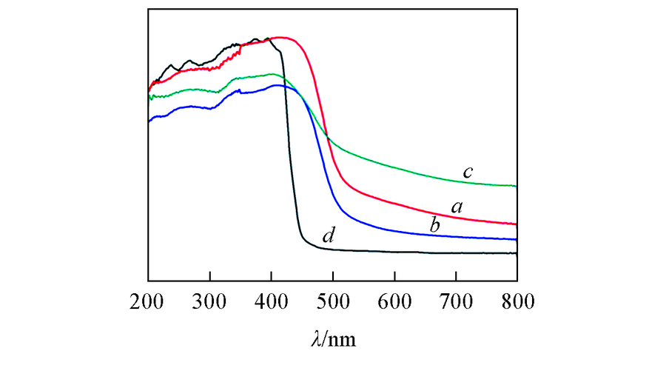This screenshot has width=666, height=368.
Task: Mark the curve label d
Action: pyautogui.click(x=329, y=237)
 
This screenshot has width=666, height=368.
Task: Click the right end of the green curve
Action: pyautogui.click(x=516, y=186)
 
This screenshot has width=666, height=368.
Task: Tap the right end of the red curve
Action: pyautogui.click(x=516, y=224)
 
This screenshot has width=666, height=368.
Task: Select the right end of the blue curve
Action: pyautogui.click(x=516, y=239)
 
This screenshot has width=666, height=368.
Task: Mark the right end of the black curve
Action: pyautogui.click(x=516, y=253)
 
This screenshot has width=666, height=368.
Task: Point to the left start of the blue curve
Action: pyautogui.click(x=149, y=120)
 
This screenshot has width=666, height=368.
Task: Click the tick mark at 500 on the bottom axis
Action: pyautogui.click(x=333, y=278)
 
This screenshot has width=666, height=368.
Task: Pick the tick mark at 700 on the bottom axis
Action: pyautogui.click(x=456, y=278)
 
